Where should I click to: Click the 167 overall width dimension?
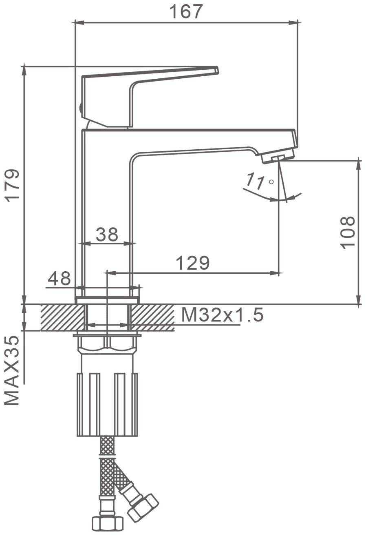coord(186,11)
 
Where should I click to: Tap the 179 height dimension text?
coord(13,186)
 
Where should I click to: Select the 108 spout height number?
coord(347,233)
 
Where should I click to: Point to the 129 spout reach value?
coord(193,263)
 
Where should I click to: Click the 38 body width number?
coord(107,234)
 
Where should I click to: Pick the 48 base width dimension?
coord(59,278)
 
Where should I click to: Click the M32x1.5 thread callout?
coord(222,315)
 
